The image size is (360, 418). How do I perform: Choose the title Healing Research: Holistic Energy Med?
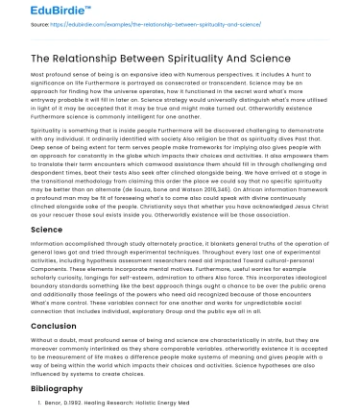click(140, 407)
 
